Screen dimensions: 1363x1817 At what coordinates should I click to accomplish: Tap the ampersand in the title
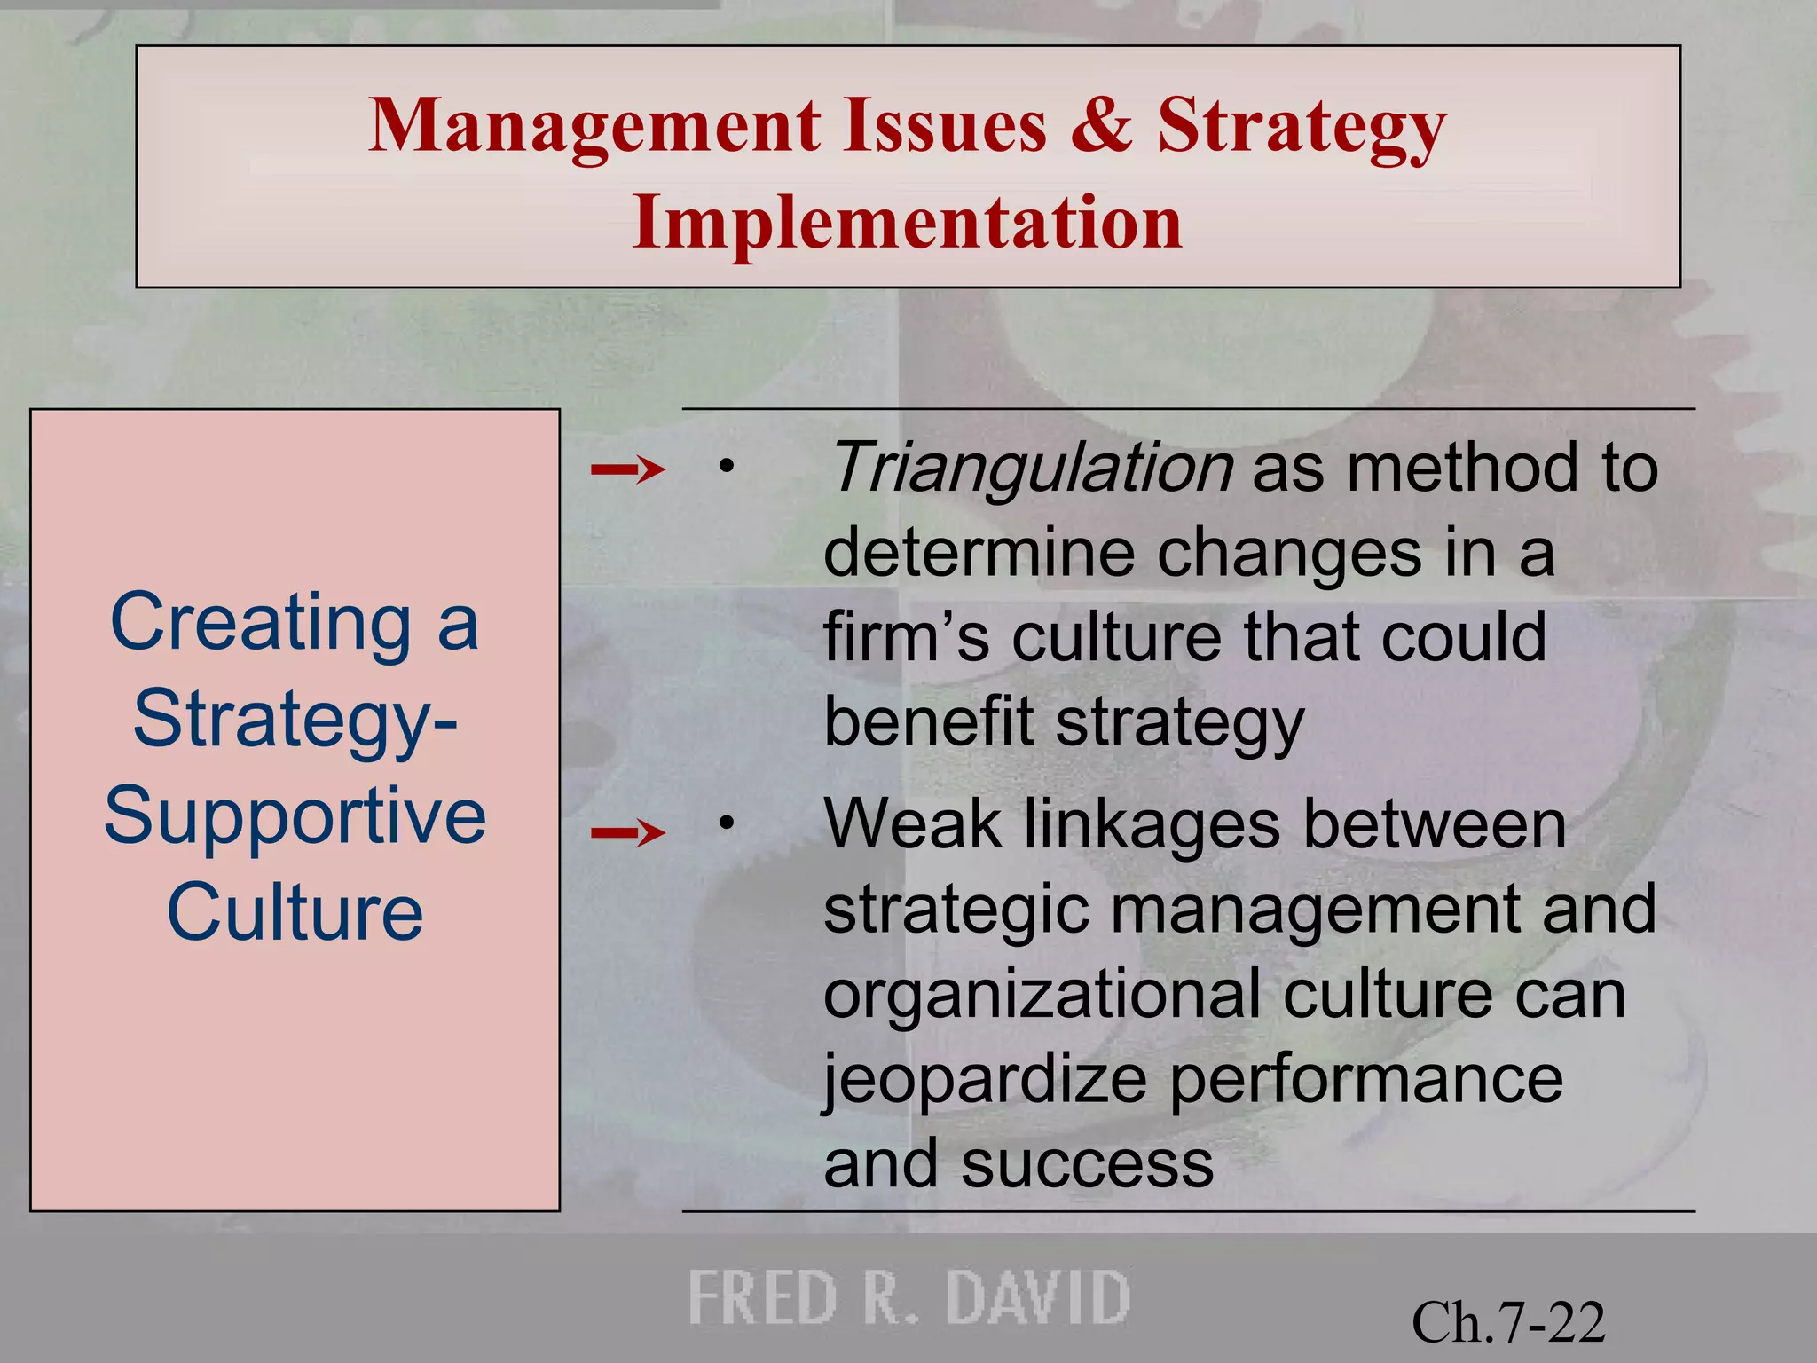click(1102, 125)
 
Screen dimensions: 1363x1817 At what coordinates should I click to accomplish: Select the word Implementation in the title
click(908, 223)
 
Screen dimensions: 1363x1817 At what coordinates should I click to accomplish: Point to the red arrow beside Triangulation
click(628, 469)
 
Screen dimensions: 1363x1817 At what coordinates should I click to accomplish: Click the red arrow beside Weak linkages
click(628, 832)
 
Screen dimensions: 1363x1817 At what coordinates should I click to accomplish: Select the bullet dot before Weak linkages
click(727, 823)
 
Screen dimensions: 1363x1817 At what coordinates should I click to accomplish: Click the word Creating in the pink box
click(261, 623)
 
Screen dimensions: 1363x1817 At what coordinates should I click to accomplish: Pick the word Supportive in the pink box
click(295, 816)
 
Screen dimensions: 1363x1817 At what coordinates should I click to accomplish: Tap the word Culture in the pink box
click(295, 913)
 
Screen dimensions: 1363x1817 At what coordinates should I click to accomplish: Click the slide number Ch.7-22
click(1508, 1322)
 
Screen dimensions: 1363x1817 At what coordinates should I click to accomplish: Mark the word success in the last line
click(1087, 1164)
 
